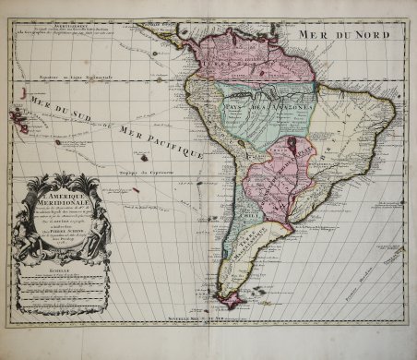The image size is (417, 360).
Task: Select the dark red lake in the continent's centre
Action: click(x=292, y=145)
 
